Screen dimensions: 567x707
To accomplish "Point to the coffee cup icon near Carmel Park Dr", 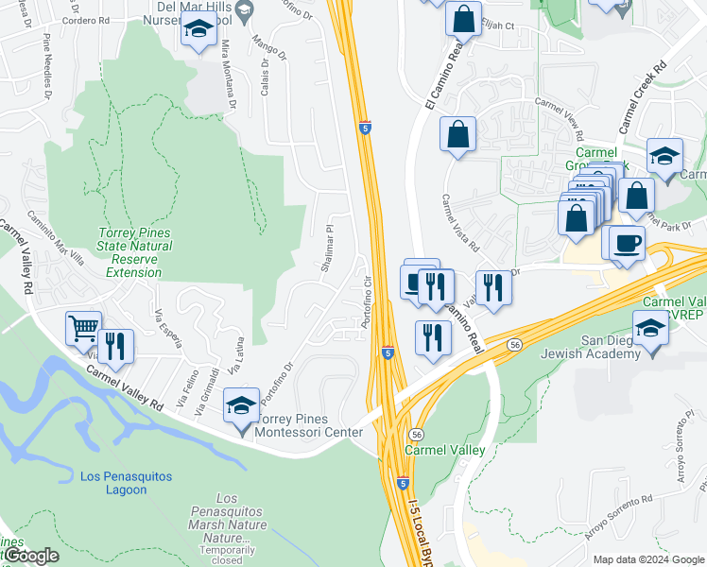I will (627, 244).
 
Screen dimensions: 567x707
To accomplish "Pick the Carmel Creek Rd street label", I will (644, 97).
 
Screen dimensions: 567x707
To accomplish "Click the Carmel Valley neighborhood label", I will (445, 450).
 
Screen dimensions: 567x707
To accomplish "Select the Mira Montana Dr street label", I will (227, 72).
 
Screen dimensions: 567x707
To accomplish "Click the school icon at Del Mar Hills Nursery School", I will (198, 33).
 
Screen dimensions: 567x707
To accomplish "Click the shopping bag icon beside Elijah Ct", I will (463, 19).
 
